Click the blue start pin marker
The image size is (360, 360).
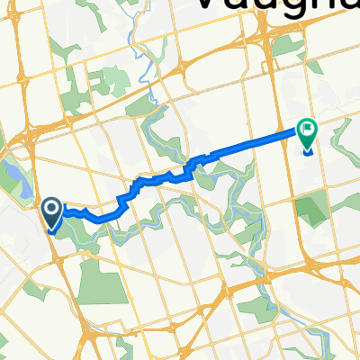(x=50, y=214)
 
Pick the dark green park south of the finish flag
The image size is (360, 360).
(x=310, y=212)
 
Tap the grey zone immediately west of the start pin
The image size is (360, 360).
(x=18, y=225)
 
